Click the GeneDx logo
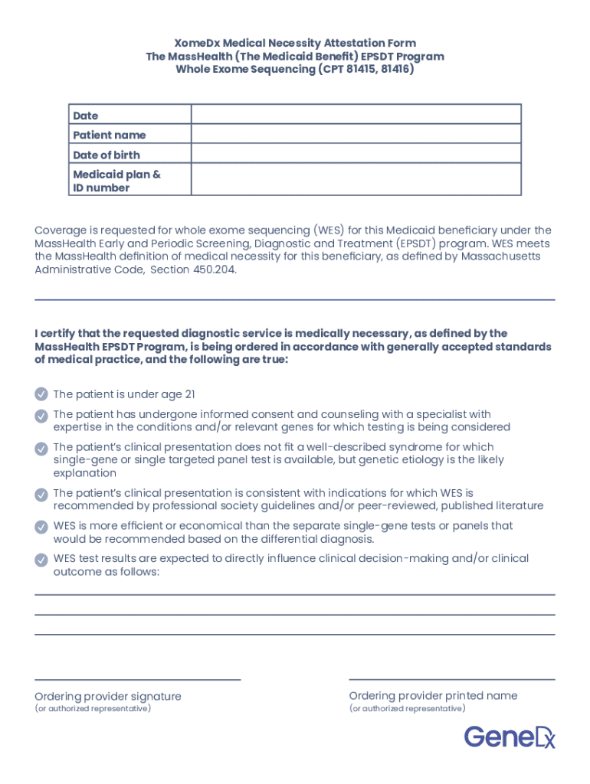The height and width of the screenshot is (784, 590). coord(509,737)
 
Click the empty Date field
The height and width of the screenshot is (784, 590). coord(356,115)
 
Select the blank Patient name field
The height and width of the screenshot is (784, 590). coord(356,134)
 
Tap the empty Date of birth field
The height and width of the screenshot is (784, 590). coord(356,154)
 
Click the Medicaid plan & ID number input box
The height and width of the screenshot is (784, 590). coord(356,180)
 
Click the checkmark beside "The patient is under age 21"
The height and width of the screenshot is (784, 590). coord(41,394)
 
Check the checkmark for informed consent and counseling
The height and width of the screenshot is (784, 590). coord(41,415)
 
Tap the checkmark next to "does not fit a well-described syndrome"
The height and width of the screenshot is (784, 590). coord(41,448)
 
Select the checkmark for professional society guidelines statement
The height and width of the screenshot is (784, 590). coord(41,495)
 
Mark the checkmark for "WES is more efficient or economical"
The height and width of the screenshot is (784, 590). coord(41,527)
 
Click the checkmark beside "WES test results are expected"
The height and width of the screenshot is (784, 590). coord(41,560)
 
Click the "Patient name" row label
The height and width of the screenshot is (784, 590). coord(110,135)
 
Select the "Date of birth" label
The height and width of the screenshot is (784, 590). coord(107,155)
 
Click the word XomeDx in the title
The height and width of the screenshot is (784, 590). coord(196,43)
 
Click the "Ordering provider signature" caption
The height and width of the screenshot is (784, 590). coord(108,696)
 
